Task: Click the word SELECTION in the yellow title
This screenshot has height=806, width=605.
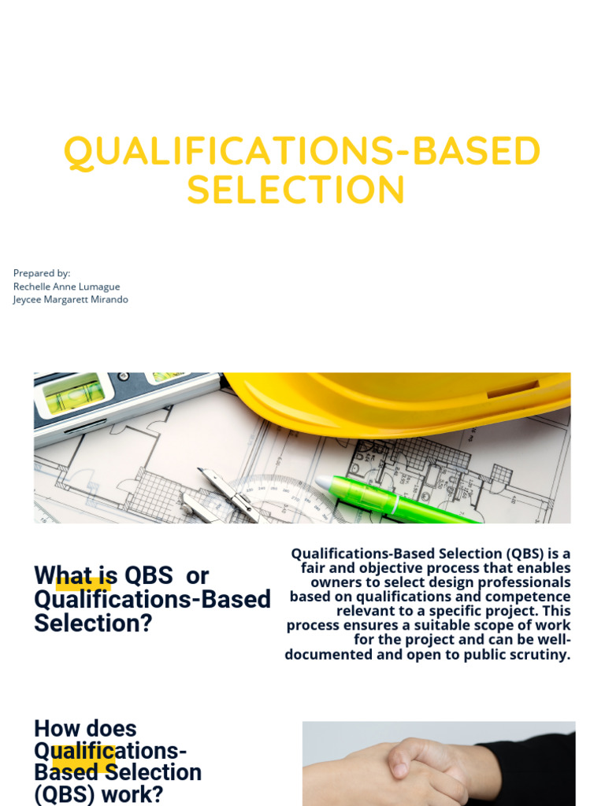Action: click(296, 190)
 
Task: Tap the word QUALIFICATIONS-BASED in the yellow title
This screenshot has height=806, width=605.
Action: click(302, 152)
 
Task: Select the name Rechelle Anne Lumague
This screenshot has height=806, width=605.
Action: click(66, 287)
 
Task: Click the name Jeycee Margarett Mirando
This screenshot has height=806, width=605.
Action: click(70, 300)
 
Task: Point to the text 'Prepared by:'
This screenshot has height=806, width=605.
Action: click(42, 273)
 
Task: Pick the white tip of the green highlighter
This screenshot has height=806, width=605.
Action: click(324, 481)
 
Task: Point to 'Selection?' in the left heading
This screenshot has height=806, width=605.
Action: click(93, 623)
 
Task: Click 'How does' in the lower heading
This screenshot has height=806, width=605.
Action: click(85, 729)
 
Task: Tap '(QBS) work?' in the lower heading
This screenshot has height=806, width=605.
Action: click(98, 794)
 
